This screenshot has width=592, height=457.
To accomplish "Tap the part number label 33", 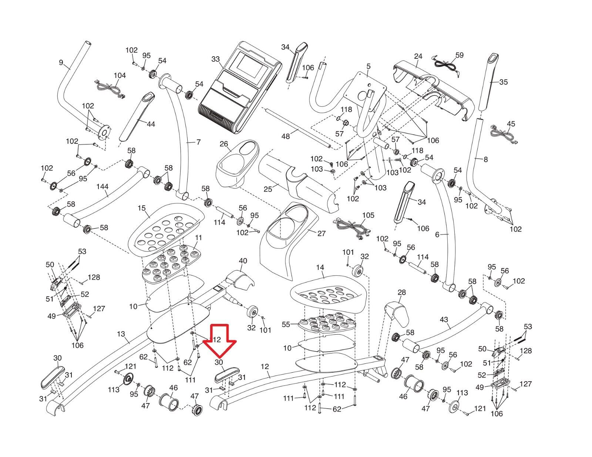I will coord(216,60).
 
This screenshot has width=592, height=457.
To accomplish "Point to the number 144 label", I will coord(102,187).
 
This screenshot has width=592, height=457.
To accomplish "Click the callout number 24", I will coord(418,57).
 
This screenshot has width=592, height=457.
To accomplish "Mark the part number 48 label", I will coord(286,136).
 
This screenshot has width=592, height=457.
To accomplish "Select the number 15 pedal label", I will coord(142,208).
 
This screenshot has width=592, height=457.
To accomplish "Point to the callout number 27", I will coord(322,233).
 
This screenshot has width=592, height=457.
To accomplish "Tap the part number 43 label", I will coord(444,320).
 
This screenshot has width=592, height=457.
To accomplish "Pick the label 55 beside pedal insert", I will coord(286,324).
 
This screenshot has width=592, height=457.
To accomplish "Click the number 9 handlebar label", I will coord(61,62).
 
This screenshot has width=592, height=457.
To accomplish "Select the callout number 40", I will coord(243,261).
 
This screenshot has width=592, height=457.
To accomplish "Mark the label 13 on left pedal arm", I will coord(121,334).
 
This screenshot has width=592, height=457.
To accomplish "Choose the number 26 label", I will coord(224,143).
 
